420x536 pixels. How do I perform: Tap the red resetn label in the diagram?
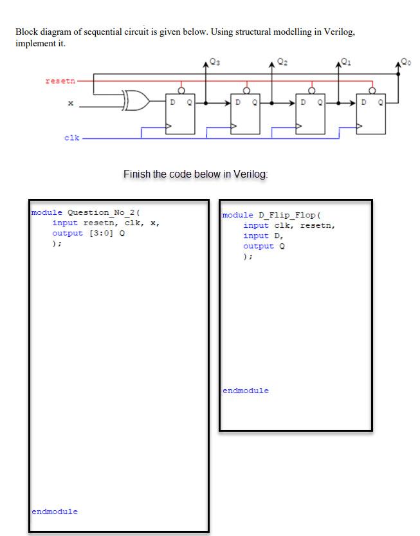(x=60, y=81)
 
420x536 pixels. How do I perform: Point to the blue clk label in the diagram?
(x=72, y=137)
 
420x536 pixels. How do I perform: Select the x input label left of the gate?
(x=71, y=103)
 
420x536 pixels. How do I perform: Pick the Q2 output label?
(x=282, y=62)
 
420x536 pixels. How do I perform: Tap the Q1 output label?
(x=347, y=62)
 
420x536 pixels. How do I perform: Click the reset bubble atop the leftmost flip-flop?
(x=181, y=91)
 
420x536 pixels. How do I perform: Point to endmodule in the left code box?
(x=55, y=512)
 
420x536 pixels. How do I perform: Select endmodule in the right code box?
(x=246, y=391)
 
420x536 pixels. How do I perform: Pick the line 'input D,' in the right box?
(x=264, y=236)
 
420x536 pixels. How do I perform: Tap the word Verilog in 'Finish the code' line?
(x=250, y=174)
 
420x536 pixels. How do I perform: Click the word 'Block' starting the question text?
(x=27, y=32)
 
